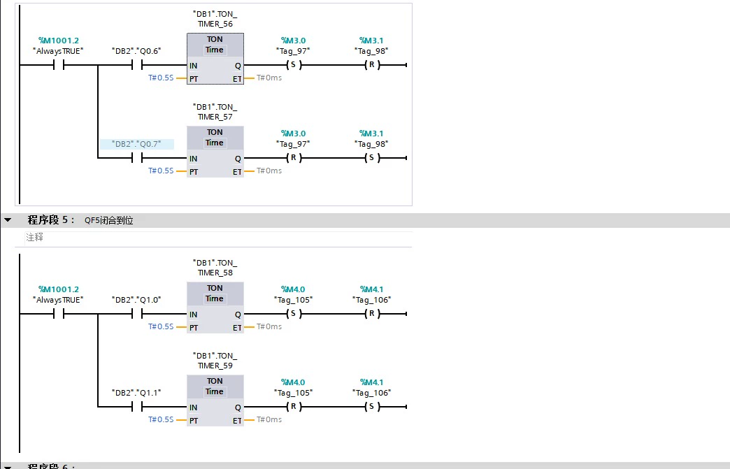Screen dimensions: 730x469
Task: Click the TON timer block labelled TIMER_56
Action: (x=215, y=59)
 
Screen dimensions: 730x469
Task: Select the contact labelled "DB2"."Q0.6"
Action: (x=137, y=65)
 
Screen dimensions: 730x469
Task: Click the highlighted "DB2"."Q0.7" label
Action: (x=137, y=144)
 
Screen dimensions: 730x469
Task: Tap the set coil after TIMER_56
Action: (x=293, y=65)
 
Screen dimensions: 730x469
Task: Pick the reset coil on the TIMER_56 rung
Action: (x=371, y=65)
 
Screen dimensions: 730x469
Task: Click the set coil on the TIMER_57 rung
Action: (x=371, y=158)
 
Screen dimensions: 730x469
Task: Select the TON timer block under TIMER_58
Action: (x=215, y=308)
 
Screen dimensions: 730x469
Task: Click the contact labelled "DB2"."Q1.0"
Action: (x=137, y=314)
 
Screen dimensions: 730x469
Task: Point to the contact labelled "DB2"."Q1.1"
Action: (x=137, y=407)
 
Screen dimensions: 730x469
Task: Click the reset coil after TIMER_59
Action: (x=293, y=407)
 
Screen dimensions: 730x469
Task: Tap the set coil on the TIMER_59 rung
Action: (x=371, y=407)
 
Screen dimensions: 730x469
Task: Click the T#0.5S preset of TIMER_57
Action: (x=161, y=171)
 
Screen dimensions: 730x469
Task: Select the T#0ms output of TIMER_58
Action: (x=269, y=326)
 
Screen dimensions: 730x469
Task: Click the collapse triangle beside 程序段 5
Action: (x=8, y=219)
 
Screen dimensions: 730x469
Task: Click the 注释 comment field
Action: (x=34, y=237)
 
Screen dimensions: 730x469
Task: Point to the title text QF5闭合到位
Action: (x=109, y=220)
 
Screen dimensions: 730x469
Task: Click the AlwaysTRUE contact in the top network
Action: (x=59, y=65)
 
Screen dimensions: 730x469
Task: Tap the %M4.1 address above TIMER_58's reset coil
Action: (x=371, y=289)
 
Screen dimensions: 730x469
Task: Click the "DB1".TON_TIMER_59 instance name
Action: (x=215, y=361)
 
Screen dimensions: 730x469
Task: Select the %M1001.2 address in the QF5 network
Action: (x=59, y=289)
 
